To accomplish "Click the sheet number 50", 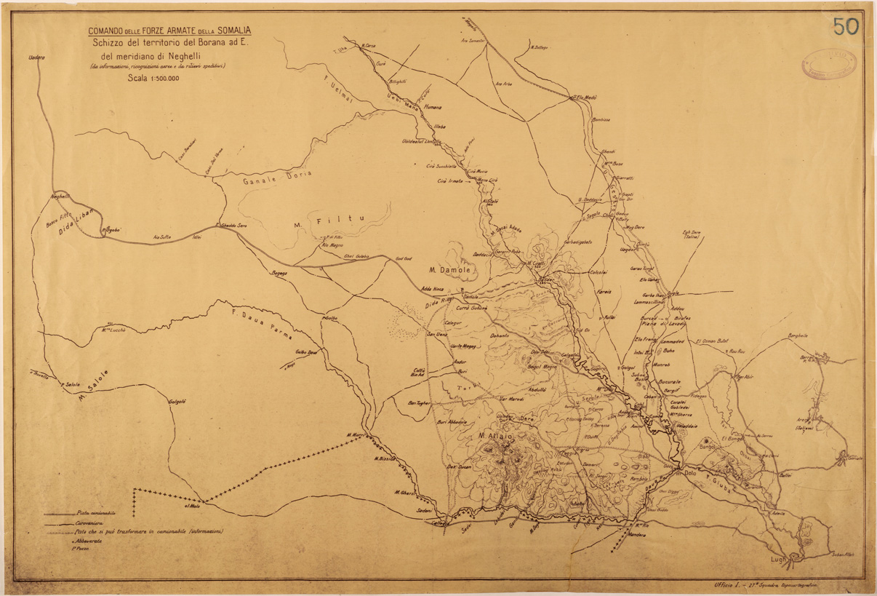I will point(845,26).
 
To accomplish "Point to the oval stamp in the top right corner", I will point(828,64).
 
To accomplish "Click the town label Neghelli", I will point(57,196).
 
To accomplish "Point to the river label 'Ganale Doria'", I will point(267,175).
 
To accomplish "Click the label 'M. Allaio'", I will point(495,436).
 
